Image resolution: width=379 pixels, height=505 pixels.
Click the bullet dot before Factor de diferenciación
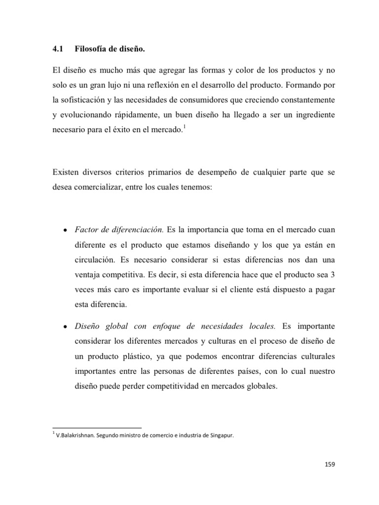coord(66,230)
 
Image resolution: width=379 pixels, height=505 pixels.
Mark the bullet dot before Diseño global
coord(66,326)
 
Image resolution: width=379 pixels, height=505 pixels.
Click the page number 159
coord(330,464)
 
